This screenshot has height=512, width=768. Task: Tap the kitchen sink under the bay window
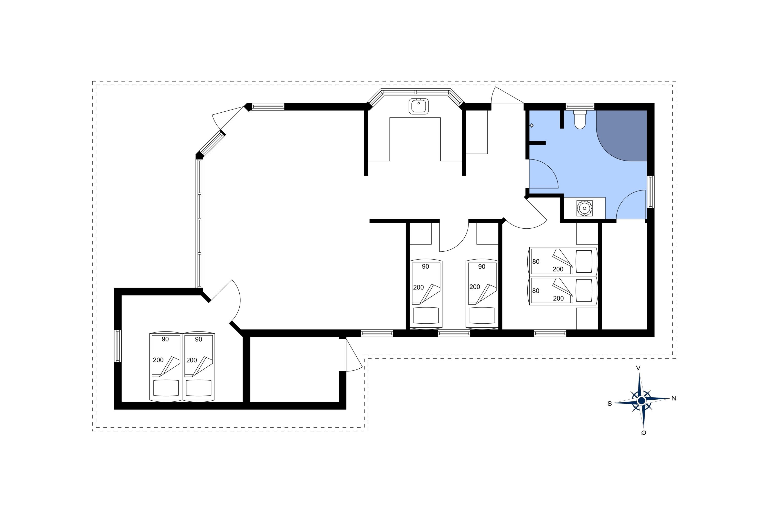coord(419,106)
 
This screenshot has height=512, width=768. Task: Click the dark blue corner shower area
coord(622,135)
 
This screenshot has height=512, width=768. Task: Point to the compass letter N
coord(674,398)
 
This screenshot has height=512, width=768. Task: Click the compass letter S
coord(609,404)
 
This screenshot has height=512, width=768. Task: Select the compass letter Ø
coord(644,433)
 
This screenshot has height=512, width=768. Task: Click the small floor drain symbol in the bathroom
coord(532,125)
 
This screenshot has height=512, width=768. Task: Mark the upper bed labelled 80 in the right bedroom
coord(563,262)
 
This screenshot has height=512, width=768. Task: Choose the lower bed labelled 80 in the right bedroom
coord(563,291)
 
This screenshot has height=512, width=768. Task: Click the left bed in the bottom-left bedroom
coord(166,367)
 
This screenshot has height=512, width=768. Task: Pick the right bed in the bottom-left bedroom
coord(199,367)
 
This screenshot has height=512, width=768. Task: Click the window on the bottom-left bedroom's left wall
coord(118,346)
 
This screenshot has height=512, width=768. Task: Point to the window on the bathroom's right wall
coord(651,192)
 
